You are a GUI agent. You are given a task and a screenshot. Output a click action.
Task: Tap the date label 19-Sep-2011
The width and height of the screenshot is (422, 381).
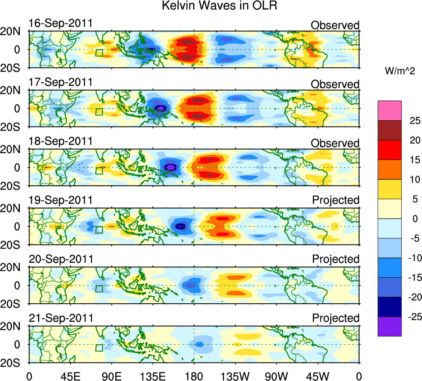coord(60,200)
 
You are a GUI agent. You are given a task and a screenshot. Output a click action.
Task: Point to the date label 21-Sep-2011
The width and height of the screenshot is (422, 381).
coord(60,318)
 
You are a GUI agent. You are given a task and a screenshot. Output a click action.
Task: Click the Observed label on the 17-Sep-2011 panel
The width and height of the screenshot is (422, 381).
coord(335,84)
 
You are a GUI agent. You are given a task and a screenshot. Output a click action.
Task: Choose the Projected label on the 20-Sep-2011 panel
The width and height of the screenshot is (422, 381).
coord(336,259)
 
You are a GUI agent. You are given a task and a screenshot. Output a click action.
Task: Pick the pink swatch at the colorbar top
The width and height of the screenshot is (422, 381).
coord(389,110)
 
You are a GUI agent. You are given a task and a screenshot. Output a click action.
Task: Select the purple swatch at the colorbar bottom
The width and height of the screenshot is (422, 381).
coord(389,326)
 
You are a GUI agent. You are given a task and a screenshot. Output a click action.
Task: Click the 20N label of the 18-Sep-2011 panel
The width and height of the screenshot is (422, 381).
coord(14,150)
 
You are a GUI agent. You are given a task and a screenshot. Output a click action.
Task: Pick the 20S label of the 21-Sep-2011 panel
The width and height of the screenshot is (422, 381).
coord(14,362)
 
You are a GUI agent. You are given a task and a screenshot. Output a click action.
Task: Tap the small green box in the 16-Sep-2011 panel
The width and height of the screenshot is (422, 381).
coord(99,52)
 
